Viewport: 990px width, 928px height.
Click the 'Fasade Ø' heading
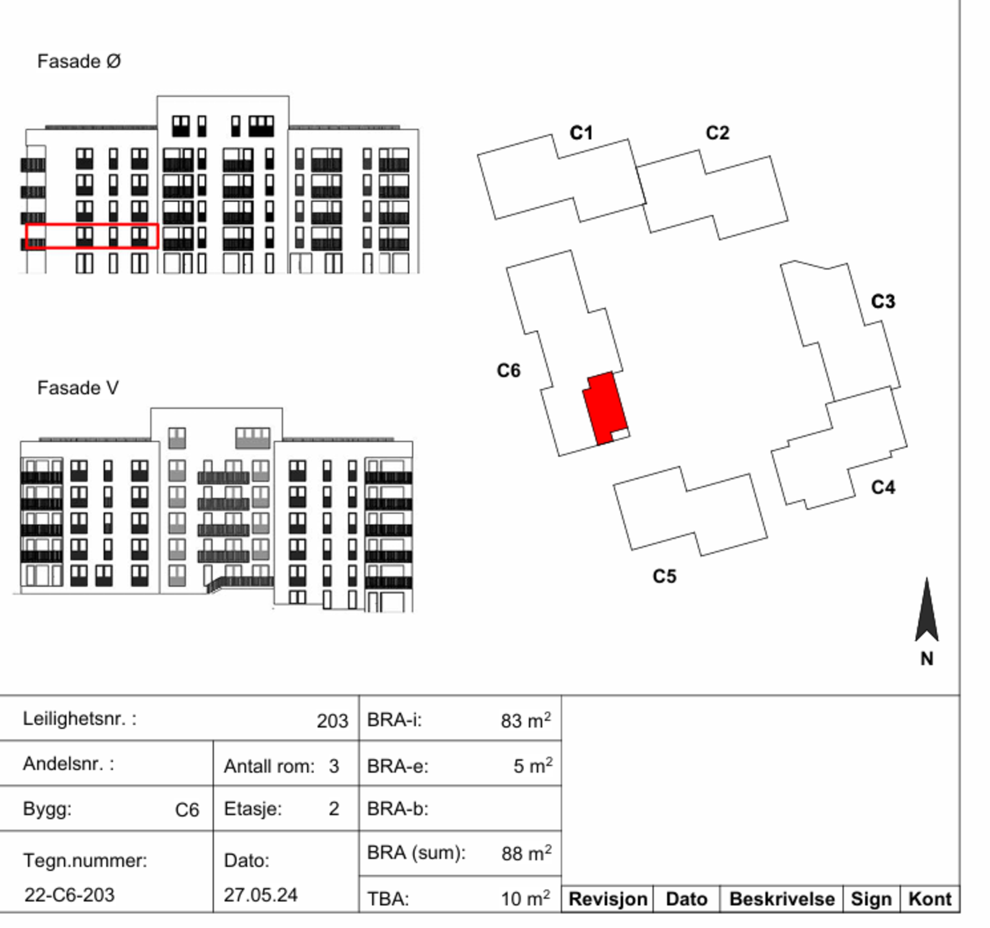click(x=79, y=61)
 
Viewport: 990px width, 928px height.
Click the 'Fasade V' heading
click(x=78, y=388)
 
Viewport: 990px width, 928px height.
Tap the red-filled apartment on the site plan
click(x=606, y=408)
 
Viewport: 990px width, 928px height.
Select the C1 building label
click(x=581, y=132)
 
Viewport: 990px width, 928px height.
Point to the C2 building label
click(x=717, y=132)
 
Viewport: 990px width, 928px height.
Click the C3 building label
click(x=883, y=301)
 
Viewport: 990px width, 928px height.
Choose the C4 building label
click(x=883, y=487)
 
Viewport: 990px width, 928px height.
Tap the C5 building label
click(x=665, y=576)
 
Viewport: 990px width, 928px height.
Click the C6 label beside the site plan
click(x=509, y=370)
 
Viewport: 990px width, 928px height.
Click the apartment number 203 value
click(x=332, y=721)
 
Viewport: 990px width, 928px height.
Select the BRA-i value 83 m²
click(x=526, y=720)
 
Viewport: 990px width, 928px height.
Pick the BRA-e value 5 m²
click(x=533, y=765)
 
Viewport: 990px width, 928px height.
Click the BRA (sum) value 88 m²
click(x=527, y=853)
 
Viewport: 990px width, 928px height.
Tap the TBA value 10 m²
click(x=525, y=898)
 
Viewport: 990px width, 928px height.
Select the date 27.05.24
click(x=260, y=895)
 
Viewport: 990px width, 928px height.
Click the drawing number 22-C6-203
click(x=69, y=895)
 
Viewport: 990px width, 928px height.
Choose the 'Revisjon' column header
click(x=608, y=899)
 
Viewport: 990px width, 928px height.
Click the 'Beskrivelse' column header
click(x=782, y=899)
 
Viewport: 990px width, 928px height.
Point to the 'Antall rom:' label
click(x=269, y=766)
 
